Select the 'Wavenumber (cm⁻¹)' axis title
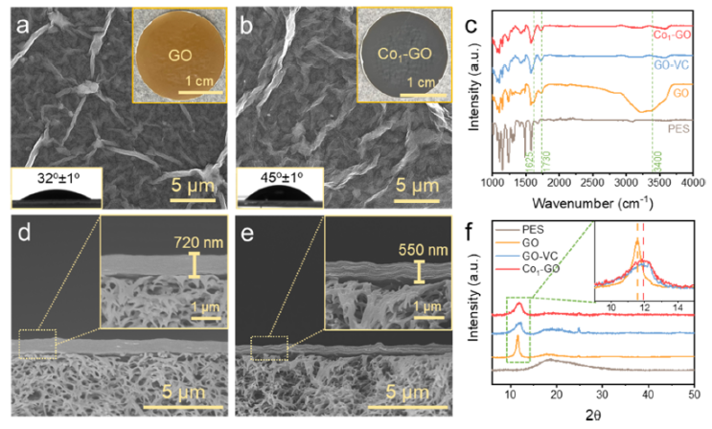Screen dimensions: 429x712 click(595, 202)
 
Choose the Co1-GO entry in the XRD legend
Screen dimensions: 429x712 click(543, 267)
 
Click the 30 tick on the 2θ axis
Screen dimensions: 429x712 click(602, 395)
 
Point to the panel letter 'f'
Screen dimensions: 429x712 click(492, 233)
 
